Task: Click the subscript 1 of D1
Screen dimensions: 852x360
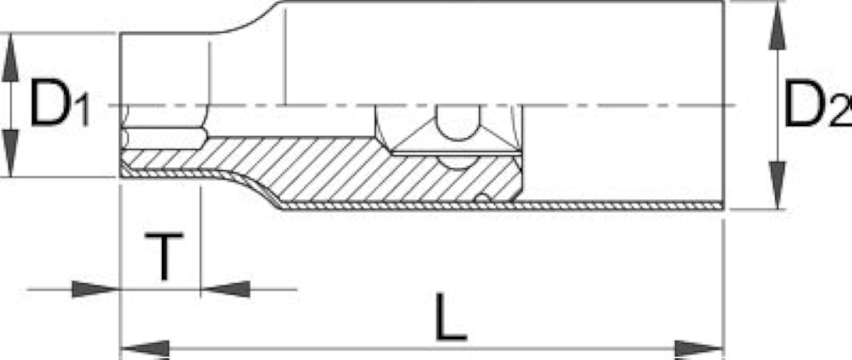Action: click(83, 109)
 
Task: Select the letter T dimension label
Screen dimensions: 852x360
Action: click(164, 257)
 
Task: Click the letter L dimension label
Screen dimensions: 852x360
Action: click(450, 317)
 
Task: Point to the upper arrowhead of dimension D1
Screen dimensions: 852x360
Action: click(10, 57)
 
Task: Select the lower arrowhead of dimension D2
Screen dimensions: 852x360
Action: click(776, 185)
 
